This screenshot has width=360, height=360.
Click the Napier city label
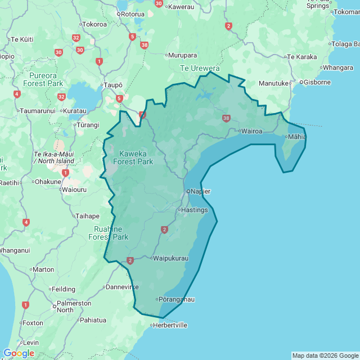click(x=200, y=191)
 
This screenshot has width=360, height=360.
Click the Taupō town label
click(x=112, y=85)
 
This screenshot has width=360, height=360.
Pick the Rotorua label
click(x=132, y=14)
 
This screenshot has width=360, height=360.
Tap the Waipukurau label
click(x=171, y=258)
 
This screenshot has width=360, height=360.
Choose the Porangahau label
click(x=177, y=299)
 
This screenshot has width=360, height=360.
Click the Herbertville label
click(x=170, y=325)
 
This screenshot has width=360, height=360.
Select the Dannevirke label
click(x=123, y=287)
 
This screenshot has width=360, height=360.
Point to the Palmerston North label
click(x=73, y=307)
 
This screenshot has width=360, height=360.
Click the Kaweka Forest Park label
click(x=133, y=157)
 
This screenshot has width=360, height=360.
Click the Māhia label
click(x=297, y=136)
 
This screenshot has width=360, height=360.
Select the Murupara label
click(x=183, y=55)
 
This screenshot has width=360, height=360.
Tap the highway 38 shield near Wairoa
click(x=226, y=118)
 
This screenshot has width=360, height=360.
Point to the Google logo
click(x=19, y=353)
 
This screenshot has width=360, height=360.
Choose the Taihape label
click(x=87, y=215)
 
